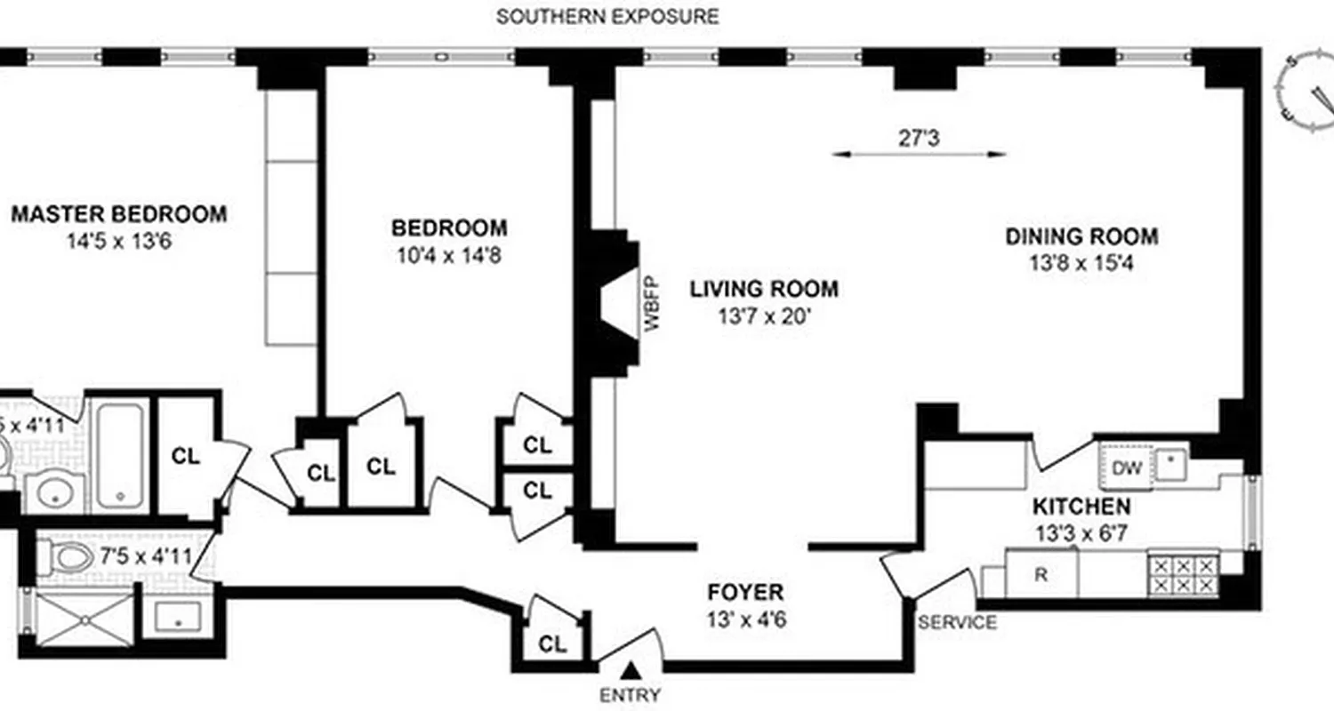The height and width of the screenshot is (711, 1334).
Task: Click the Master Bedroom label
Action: (x=118, y=214)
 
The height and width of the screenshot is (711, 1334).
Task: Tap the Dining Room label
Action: (x=1081, y=236)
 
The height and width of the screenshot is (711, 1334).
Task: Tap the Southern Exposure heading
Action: (x=607, y=16)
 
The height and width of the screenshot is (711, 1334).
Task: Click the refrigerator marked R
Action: (x=1041, y=574)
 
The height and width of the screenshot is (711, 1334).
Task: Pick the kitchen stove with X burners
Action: (x=1183, y=574)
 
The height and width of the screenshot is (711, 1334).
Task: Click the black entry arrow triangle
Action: (x=631, y=670)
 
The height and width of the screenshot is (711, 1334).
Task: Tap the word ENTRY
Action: (x=631, y=695)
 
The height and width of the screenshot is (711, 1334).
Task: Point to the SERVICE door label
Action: (x=957, y=623)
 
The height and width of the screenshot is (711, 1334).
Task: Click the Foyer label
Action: (x=745, y=593)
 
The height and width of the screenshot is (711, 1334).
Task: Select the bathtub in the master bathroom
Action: (x=120, y=455)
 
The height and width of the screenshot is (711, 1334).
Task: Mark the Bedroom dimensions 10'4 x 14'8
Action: (x=449, y=256)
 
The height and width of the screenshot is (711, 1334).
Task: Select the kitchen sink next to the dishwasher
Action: (x=1170, y=462)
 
